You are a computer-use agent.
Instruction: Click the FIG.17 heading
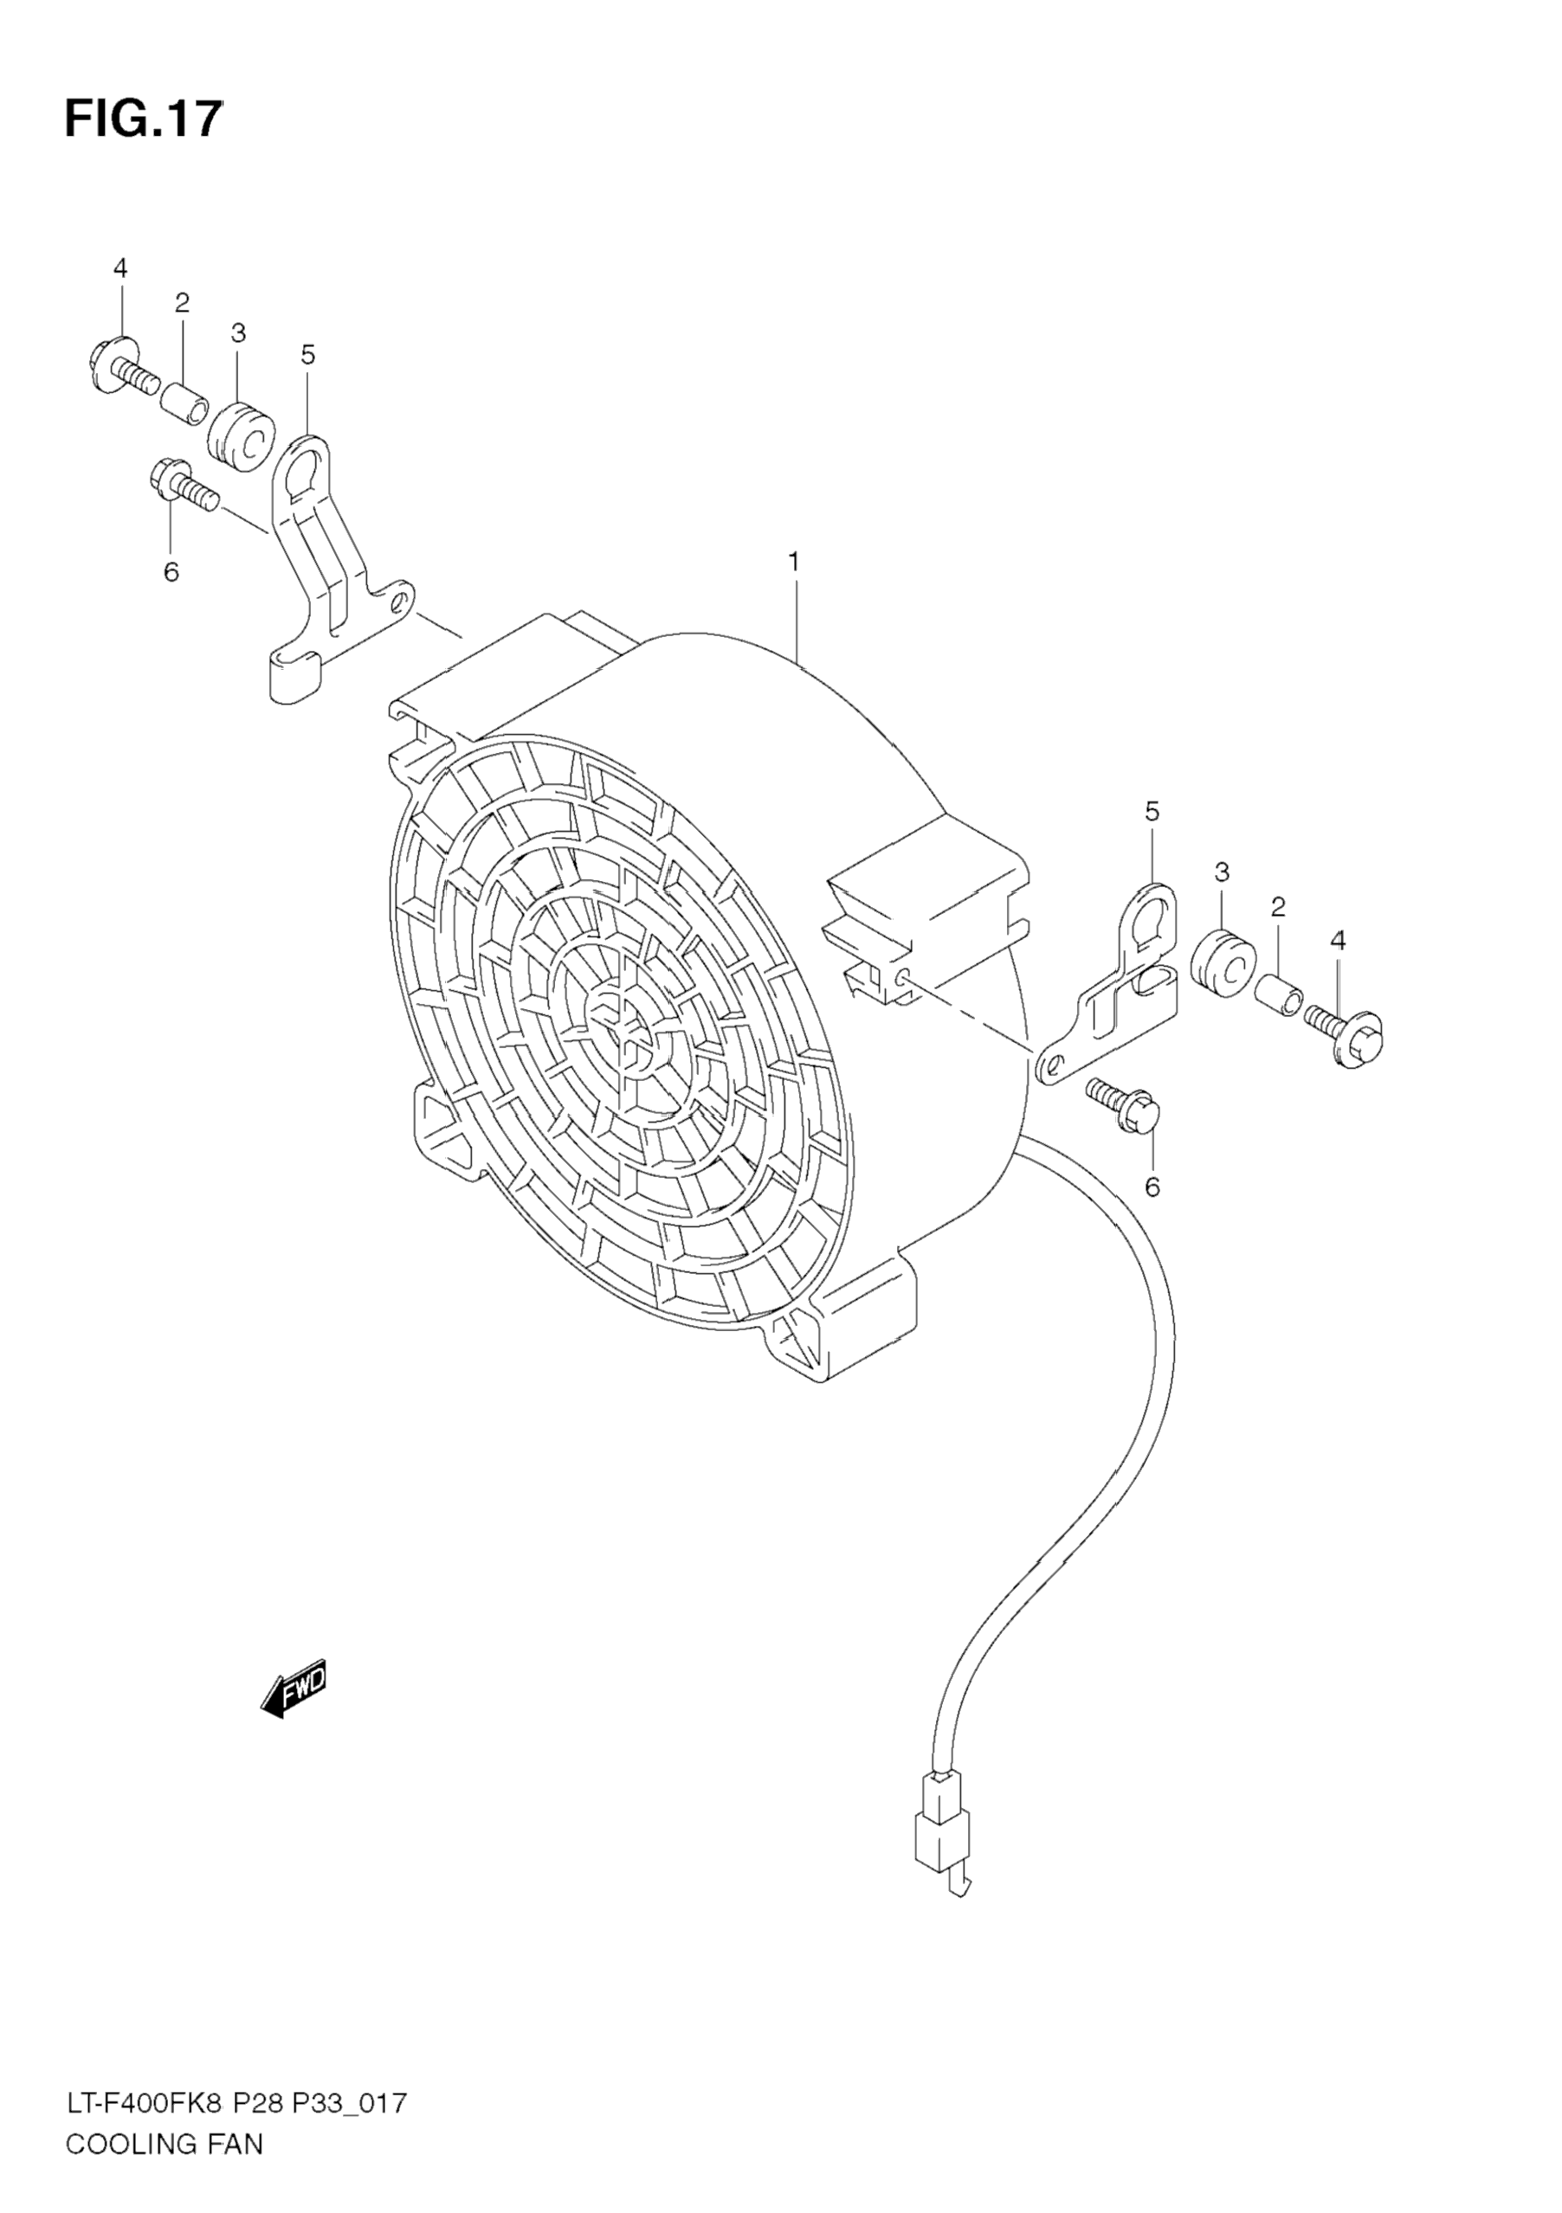coord(144,120)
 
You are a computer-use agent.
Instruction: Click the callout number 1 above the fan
coord(795,561)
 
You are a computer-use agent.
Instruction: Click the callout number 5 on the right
coord(1152,813)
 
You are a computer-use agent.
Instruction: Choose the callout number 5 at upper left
coord(307,356)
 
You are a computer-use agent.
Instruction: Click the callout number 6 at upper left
coord(171,573)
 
